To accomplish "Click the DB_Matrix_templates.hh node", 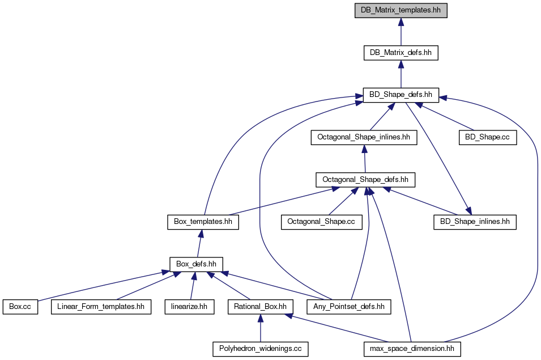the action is click(401, 10).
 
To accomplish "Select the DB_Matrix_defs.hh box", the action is click(401, 53).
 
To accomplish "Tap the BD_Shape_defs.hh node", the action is click(401, 95).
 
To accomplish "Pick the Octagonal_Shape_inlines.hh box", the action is click(364, 137).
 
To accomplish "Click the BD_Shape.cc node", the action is click(488, 137).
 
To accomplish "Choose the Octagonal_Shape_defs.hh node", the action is click(365, 180).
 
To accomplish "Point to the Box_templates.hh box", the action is click(203, 222).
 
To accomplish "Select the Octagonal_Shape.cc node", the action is click(322, 222).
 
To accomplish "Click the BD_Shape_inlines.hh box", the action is click(475, 222).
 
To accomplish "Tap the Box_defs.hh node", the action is click(197, 264).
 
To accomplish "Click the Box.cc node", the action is click(20, 307).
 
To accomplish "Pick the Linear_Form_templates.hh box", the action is click(101, 307).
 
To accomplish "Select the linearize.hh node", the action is click(189, 307).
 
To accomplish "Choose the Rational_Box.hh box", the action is click(261, 307).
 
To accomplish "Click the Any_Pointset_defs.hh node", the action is click(349, 307).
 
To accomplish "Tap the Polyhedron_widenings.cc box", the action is click(261, 349).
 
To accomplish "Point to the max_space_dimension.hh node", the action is click(412, 349).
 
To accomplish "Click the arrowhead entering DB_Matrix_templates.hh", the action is click(401, 22).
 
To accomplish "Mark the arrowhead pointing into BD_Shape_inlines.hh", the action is click(468, 210).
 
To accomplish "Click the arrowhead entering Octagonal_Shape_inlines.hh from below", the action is click(364, 149).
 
